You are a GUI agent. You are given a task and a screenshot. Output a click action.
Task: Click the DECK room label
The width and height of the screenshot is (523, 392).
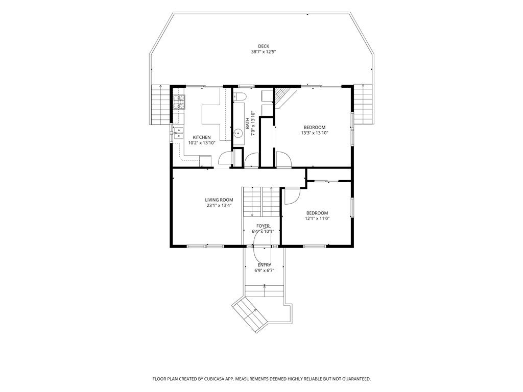coord(263,46)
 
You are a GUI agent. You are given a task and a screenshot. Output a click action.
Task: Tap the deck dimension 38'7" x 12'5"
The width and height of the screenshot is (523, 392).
coord(264,52)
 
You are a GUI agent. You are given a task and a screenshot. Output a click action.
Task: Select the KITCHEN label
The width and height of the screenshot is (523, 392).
coord(202,137)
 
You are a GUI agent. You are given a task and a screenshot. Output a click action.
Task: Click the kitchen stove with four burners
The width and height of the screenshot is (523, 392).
coord(179,102)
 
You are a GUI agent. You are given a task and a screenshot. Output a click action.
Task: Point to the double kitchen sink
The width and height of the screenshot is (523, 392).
coord(179,133)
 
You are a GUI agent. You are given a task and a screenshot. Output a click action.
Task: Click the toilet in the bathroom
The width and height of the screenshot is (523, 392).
coord(240,96)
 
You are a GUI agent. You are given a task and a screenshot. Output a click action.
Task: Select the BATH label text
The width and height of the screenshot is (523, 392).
coord(248,124)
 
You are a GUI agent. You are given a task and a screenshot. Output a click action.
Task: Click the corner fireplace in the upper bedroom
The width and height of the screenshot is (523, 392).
coord(284,97)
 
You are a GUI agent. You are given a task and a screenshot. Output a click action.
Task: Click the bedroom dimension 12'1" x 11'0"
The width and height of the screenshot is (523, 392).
coord(317,218)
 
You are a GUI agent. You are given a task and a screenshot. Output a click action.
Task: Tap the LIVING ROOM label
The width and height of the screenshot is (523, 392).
coord(219,200)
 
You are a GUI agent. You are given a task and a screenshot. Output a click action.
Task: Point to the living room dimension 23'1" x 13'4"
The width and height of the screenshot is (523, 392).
coord(219,206)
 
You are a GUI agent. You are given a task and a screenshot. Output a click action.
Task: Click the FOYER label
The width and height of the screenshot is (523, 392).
coord(263,226)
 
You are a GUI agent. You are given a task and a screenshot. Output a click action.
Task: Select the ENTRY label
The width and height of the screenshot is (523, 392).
coord(264,265)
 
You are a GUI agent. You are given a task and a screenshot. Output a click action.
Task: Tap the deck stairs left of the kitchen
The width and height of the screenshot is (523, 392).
coord(161,105)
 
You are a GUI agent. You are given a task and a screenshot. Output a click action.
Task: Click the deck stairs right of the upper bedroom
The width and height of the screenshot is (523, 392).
coord(363,104)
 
